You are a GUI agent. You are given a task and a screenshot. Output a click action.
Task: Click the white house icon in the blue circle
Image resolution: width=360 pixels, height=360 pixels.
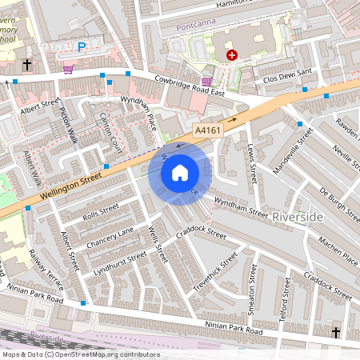tap(180, 173)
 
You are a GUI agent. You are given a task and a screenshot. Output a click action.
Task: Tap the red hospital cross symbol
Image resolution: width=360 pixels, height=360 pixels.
tap(233, 55)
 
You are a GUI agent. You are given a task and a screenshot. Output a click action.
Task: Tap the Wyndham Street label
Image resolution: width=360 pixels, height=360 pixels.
tap(242, 210)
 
